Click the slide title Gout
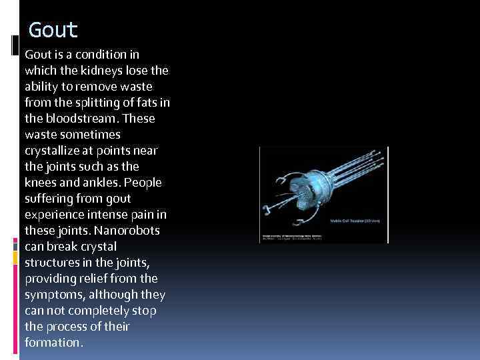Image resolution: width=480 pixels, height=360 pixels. (53, 30)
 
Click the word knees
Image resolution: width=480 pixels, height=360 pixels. (41, 182)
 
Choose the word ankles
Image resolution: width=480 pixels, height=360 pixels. (98, 182)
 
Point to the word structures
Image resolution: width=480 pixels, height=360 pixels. (51, 262)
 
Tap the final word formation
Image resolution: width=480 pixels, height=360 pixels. (53, 342)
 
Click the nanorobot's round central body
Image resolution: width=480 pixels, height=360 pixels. (309, 195)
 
